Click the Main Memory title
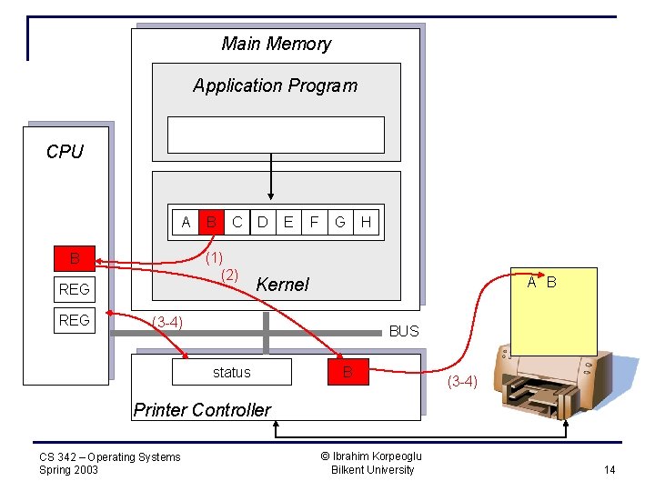click(x=276, y=44)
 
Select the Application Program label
click(x=275, y=85)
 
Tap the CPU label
click(x=65, y=152)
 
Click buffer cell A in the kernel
click(x=186, y=222)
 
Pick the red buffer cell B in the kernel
click(x=211, y=222)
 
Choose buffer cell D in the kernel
click(x=263, y=222)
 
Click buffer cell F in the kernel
click(x=314, y=222)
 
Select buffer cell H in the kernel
click(x=366, y=222)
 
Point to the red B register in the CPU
click(x=75, y=259)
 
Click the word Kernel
click(x=282, y=285)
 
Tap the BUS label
click(x=404, y=331)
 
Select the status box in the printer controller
click(x=231, y=372)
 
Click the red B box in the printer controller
click(x=347, y=372)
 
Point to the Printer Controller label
click(x=202, y=410)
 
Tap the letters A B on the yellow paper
click(x=542, y=283)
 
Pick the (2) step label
click(x=230, y=275)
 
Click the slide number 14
click(x=610, y=469)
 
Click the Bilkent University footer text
click(x=372, y=470)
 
